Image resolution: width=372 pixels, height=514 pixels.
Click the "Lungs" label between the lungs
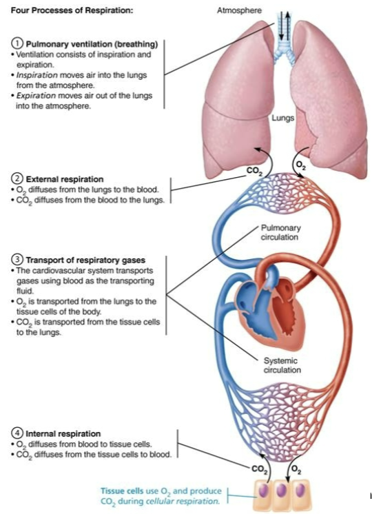[283, 118]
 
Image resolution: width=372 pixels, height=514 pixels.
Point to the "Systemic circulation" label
[281, 364]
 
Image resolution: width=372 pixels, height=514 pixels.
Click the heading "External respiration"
[64, 179]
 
